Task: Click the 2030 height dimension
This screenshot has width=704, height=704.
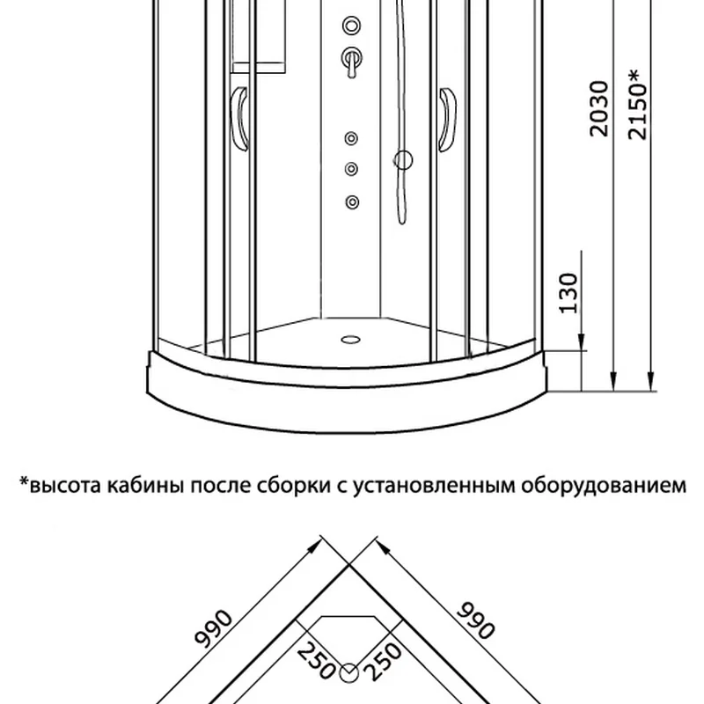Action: point(599,108)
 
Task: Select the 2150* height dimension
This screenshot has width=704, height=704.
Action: point(637,104)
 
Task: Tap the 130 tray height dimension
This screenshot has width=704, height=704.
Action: point(568,293)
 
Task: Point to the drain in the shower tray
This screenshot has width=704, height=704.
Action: point(350,340)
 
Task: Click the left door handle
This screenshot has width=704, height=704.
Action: point(239,119)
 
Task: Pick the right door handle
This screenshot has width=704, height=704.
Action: point(447,120)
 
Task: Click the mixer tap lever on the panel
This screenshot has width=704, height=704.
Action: point(352,62)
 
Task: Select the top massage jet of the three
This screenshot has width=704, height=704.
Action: point(351,138)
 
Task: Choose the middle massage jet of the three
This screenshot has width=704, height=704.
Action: point(351,169)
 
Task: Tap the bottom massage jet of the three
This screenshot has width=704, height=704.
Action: point(353,202)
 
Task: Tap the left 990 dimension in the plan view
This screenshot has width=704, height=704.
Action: point(214,628)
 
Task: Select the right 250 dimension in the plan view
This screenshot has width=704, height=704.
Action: point(382,662)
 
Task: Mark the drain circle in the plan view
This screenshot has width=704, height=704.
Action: point(348,673)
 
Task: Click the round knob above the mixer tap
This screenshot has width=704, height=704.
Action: point(351,26)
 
